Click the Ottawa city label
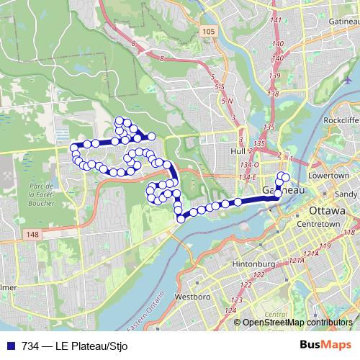pos(328,210)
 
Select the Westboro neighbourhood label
pos(192,296)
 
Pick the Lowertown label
pos(328,176)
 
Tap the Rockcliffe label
pos(342,120)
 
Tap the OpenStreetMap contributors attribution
pos(297,323)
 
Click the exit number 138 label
pos(272,94)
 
